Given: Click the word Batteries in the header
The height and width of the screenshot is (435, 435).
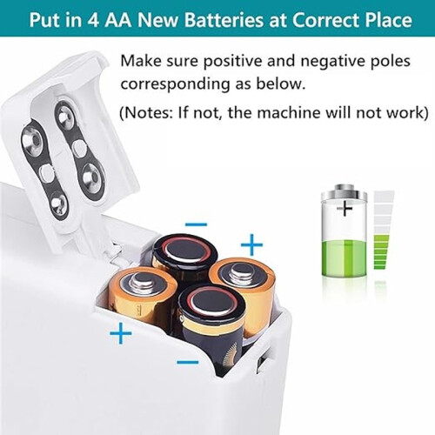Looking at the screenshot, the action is click(x=224, y=19).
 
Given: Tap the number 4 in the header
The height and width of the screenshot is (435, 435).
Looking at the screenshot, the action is click(x=92, y=20).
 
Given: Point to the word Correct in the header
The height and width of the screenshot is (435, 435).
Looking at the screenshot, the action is click(x=325, y=20).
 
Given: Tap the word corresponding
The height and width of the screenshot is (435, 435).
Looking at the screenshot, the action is click(x=175, y=84).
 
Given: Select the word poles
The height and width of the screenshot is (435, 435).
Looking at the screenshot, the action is click(x=390, y=61).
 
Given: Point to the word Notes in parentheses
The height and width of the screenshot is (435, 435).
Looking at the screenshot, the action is click(x=147, y=112).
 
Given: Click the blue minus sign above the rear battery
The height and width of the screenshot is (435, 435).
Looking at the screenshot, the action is click(x=197, y=224).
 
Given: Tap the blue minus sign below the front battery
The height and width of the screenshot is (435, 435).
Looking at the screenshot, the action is click(x=188, y=362).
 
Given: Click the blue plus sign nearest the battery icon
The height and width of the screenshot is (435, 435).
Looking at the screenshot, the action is click(x=251, y=245).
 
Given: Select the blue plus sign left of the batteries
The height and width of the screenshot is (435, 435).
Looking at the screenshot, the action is click(x=121, y=333).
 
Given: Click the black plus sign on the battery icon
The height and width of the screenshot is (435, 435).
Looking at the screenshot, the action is click(x=345, y=208).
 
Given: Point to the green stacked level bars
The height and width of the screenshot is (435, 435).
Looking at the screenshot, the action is click(x=380, y=252).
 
